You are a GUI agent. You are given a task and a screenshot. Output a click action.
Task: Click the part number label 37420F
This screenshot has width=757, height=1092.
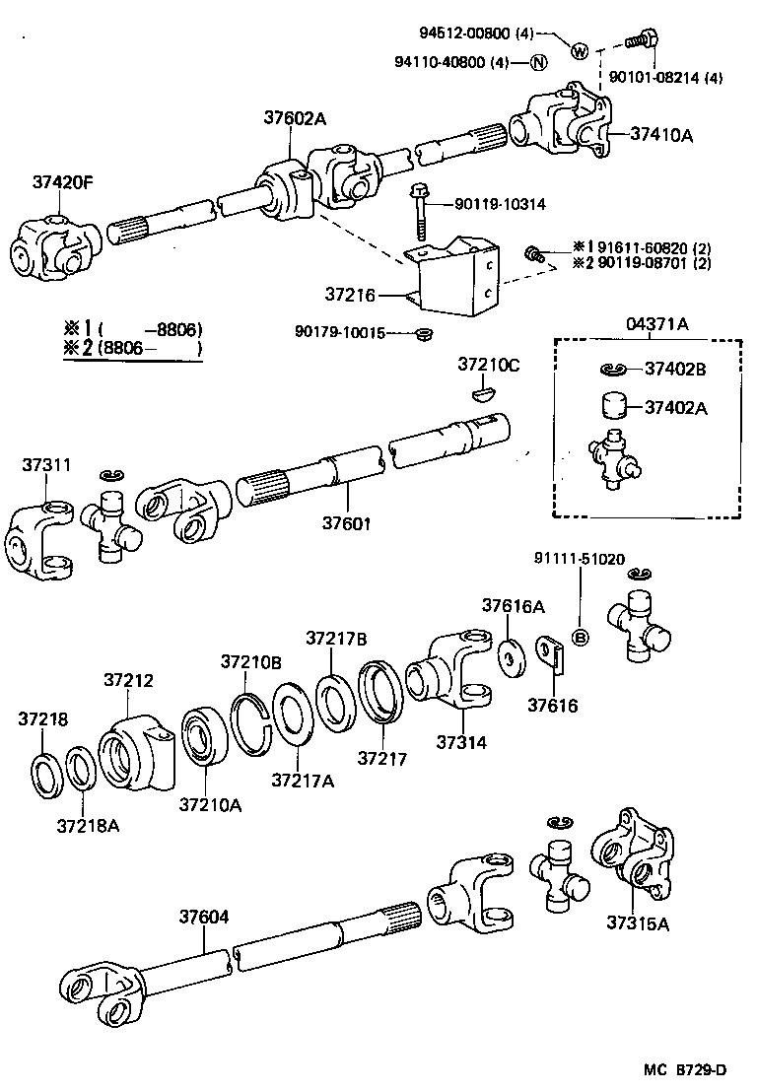point(62,182)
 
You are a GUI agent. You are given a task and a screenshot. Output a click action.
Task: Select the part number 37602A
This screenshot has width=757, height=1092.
point(294,118)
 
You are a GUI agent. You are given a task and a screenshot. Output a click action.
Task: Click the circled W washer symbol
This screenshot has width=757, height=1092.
point(579,51)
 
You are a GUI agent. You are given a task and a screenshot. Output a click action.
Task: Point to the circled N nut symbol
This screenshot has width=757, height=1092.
point(538,63)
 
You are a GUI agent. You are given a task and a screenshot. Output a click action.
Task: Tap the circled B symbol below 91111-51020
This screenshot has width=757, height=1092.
point(581,638)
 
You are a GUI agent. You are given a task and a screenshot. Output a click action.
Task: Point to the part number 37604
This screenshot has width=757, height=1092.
point(204,917)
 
